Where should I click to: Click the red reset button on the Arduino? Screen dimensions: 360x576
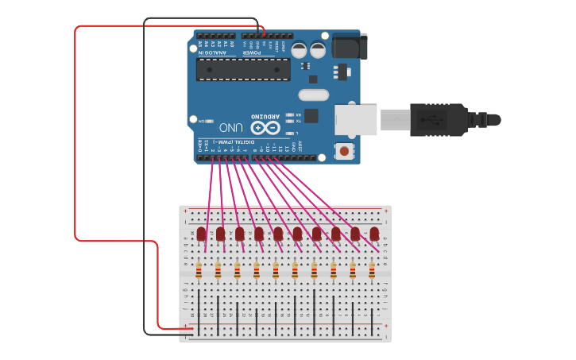click(344, 150)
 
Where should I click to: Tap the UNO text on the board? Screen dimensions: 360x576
click(230, 127)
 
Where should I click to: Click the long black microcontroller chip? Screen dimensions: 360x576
click(243, 69)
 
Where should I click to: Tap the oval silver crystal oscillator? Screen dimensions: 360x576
click(313, 95)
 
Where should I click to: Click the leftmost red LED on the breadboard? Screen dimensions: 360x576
click(201, 234)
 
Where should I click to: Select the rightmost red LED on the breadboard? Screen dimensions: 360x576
click(373, 234)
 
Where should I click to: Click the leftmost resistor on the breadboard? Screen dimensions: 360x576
click(199, 272)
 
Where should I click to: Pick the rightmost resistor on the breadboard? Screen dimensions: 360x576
click(371, 272)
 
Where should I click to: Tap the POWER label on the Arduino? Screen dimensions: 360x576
click(263, 52)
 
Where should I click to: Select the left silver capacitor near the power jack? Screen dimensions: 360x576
click(299, 50)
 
